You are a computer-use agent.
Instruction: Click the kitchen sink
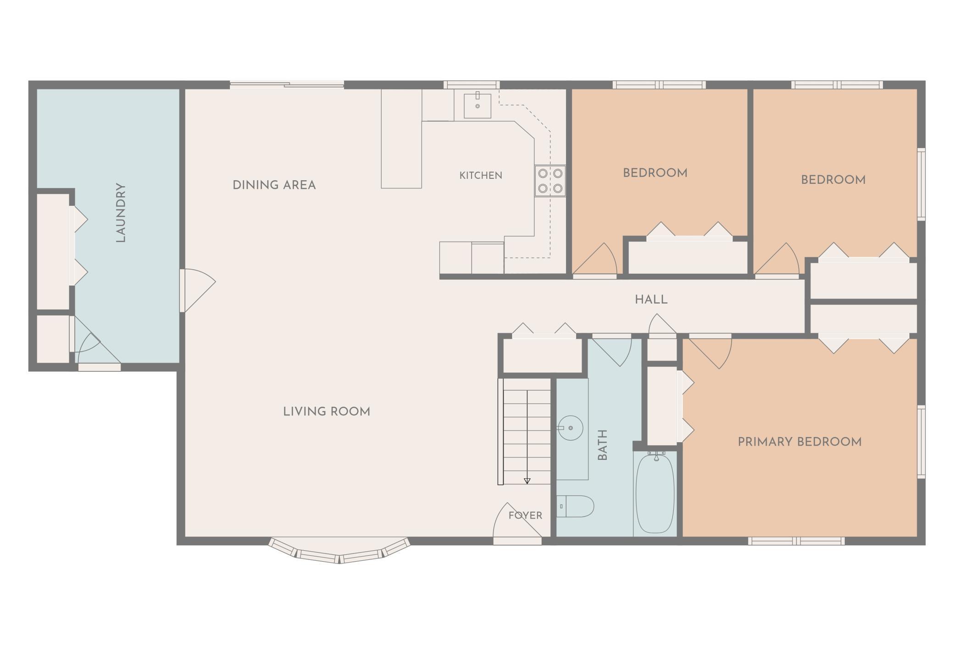pos(477,105)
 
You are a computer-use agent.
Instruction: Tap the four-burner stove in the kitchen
pos(550,181)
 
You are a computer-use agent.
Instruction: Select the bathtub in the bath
pos(655,493)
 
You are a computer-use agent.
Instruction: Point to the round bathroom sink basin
pos(571,428)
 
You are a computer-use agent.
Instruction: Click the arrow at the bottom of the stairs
pos(527,481)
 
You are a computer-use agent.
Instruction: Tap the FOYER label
pos(525,515)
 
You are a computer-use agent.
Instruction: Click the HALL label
pos(651,300)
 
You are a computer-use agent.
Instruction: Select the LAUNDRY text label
pos(121,212)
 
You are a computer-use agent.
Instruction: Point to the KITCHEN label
pos(481,175)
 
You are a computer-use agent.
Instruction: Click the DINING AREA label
pos(274,185)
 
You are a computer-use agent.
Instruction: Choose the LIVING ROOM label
pos(327,412)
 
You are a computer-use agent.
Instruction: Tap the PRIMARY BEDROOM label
pos(799,442)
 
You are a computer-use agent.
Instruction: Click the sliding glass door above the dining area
pos(287,85)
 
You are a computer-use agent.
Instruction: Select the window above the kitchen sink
pos(471,85)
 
